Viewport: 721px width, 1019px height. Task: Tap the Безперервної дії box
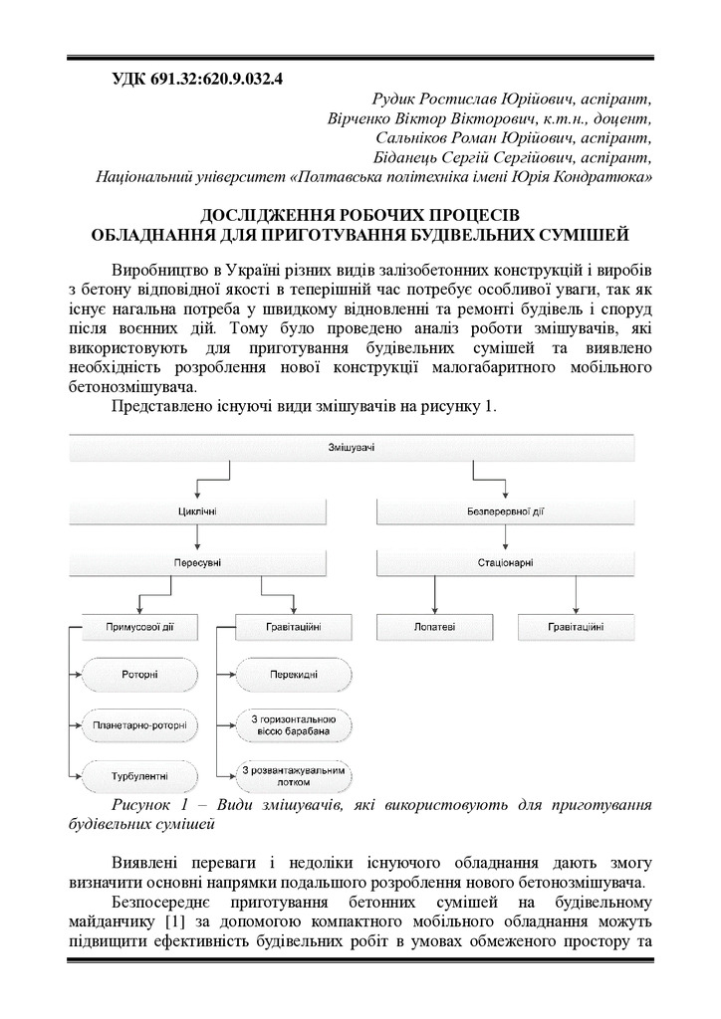(x=504, y=512)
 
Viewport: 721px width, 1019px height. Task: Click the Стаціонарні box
(x=504, y=563)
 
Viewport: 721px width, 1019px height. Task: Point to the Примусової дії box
(x=140, y=627)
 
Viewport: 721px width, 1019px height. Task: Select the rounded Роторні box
(x=139, y=676)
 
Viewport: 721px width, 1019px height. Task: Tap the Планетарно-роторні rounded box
(x=139, y=724)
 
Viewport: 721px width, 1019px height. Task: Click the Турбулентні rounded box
(x=139, y=773)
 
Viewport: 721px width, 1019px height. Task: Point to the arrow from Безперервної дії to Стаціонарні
(x=504, y=538)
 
